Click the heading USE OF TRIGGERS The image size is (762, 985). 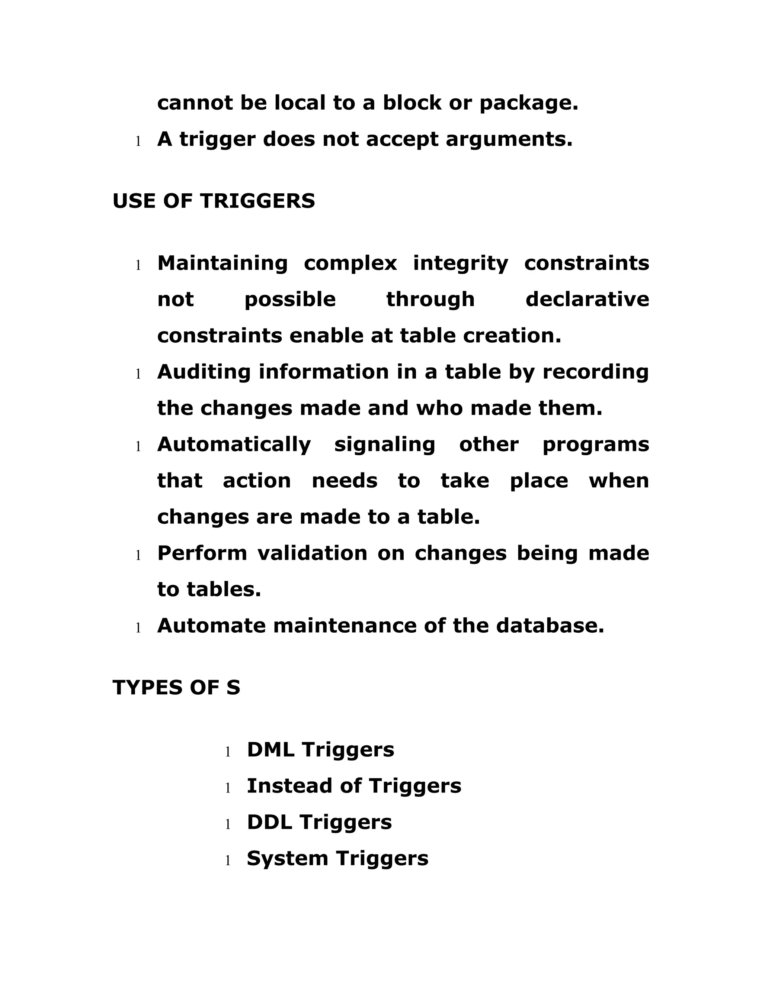(214, 201)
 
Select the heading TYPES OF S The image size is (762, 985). (176, 687)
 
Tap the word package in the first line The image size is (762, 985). (529, 103)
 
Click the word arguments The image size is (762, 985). (509, 139)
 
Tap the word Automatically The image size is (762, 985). (234, 445)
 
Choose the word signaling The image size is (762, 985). (385, 445)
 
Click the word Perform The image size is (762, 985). (202, 553)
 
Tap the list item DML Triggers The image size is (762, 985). (320, 750)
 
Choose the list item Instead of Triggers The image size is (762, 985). (354, 786)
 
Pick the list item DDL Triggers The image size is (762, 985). (319, 822)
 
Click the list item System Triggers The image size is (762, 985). (337, 858)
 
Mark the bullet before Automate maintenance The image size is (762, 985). (138, 628)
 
